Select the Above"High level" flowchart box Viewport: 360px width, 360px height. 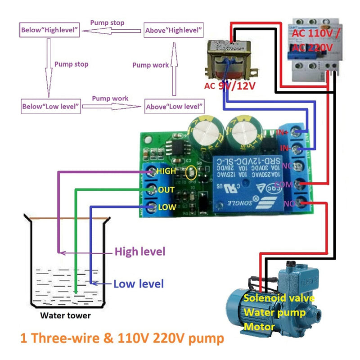(x=173, y=31)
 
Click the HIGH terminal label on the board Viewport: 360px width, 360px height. (x=166, y=171)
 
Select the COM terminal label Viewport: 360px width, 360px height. (x=284, y=184)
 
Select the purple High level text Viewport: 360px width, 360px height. (x=140, y=251)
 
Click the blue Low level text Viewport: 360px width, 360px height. (x=138, y=284)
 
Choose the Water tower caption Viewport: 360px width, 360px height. (x=65, y=315)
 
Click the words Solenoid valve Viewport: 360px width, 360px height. (x=279, y=298)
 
